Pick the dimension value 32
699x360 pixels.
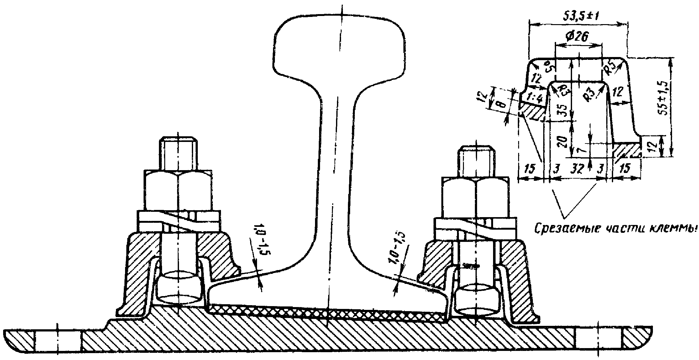tap(576, 169)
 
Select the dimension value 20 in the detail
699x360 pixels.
tap(563, 142)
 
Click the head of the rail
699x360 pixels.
tap(339, 47)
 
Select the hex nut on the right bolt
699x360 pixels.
tap(476, 197)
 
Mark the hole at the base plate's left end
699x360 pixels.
tap(58, 340)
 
